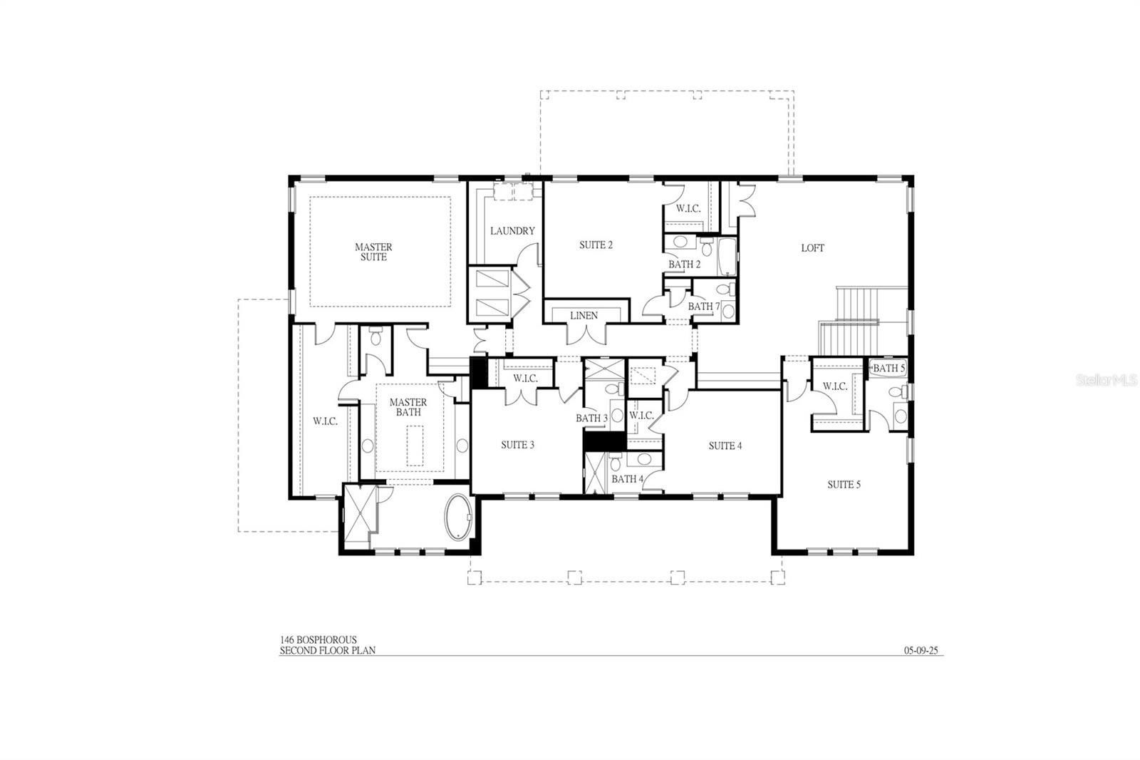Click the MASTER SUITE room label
[x=373, y=252]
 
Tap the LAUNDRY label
[x=512, y=231]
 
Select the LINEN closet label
[x=584, y=315]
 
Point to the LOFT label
[x=812, y=248]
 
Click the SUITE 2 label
[x=596, y=245]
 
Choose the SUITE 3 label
[x=517, y=445]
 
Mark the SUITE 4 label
[x=725, y=446]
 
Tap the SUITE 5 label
[x=844, y=485]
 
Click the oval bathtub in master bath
[x=459, y=516]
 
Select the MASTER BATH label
[x=408, y=407]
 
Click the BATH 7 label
[x=704, y=307]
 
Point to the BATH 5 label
[x=888, y=369]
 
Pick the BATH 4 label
[x=627, y=479]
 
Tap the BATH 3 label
[x=591, y=418]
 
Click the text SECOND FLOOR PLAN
[x=327, y=650]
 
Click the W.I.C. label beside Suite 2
[x=688, y=209]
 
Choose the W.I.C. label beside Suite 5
[x=835, y=386]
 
